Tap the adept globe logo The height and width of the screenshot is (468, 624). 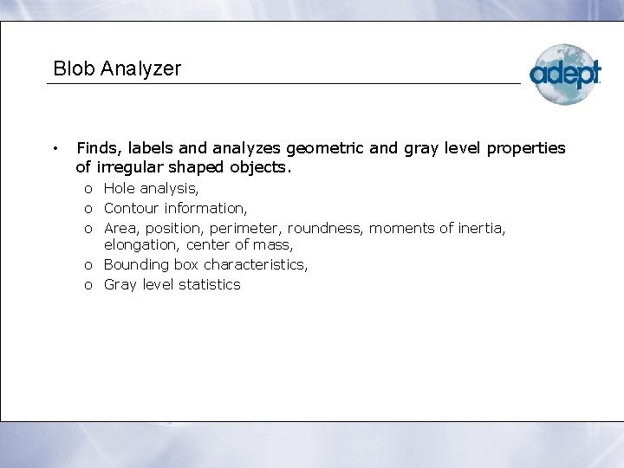coord(564,75)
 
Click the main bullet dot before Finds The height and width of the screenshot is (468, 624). coord(55,148)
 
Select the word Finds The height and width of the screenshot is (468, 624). coord(97,148)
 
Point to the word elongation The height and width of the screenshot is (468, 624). coord(140,245)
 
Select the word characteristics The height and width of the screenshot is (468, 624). coord(255,264)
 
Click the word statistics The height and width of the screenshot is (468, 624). coord(210,284)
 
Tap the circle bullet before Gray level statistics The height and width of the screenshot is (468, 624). coord(89,285)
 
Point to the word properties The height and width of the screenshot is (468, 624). coord(526,149)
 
